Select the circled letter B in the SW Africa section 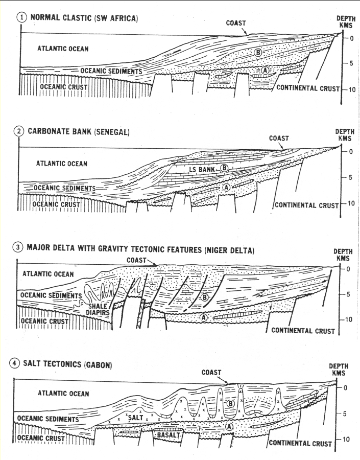point(258,53)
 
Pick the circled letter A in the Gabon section point(230,425)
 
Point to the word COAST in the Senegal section point(279,138)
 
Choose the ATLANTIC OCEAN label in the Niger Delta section point(48,274)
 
